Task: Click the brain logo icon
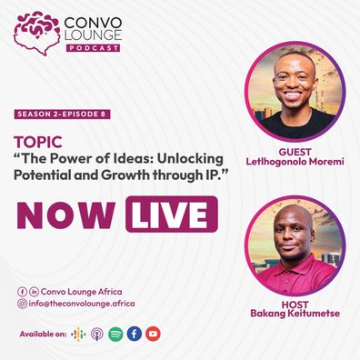[x=37, y=33]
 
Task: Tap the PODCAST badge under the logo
[x=93, y=48]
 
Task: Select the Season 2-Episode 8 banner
[x=62, y=115]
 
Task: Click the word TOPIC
[x=38, y=142]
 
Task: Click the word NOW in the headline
[x=66, y=215]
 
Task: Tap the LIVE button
[x=172, y=215]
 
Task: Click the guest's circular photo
[x=295, y=92]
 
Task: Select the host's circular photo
[x=295, y=245]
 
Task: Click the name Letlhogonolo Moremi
[x=295, y=162]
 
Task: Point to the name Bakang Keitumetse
[x=295, y=314]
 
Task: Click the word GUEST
[x=295, y=152]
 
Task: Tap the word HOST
[x=295, y=305]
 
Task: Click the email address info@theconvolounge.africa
[x=82, y=304]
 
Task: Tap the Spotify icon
[x=115, y=335]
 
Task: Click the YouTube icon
[x=153, y=334]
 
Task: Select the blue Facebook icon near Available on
[x=135, y=334]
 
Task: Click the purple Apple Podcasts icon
[x=97, y=335]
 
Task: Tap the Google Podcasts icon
[x=78, y=335]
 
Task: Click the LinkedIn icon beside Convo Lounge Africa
[x=34, y=292]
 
